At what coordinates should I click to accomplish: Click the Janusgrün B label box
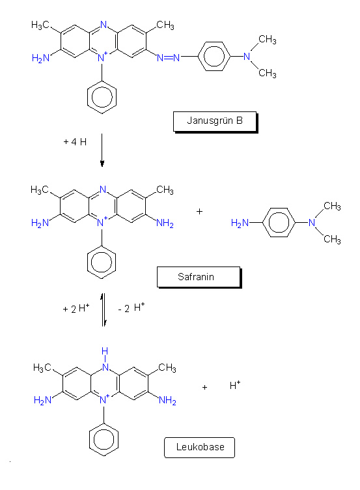(215, 122)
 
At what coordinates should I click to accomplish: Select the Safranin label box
(199, 277)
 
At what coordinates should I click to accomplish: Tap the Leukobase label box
(199, 448)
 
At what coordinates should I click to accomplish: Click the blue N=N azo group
(169, 57)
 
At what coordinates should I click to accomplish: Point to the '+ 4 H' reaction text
(75, 142)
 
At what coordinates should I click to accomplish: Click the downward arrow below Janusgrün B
(102, 150)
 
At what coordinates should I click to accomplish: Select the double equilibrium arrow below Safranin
(104, 310)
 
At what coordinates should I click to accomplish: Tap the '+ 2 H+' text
(76, 308)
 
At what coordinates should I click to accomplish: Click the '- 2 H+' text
(132, 308)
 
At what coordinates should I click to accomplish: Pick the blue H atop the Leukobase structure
(105, 351)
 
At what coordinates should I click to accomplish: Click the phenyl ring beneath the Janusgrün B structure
(102, 97)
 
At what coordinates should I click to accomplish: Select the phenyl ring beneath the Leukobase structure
(104, 439)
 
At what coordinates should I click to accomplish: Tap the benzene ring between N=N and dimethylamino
(214, 57)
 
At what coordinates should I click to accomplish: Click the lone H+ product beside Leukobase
(235, 385)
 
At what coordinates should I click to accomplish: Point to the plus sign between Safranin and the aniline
(199, 212)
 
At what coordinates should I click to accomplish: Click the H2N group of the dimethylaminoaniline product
(240, 223)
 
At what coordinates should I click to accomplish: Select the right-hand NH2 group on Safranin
(165, 223)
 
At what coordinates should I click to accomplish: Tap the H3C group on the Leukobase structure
(42, 367)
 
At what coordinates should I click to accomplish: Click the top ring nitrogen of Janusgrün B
(104, 24)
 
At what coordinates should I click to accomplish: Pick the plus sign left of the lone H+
(204, 388)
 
